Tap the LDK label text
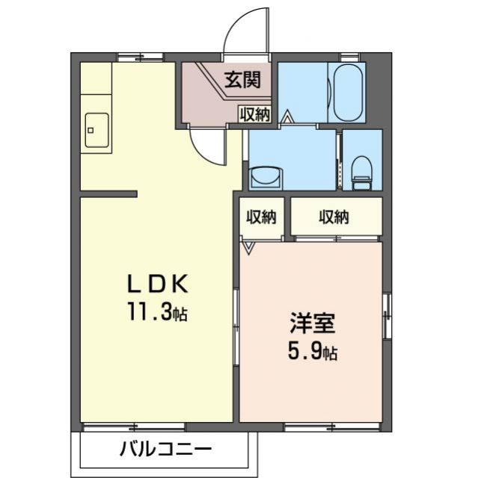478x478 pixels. [x=160, y=285]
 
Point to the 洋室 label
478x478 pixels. [x=313, y=326]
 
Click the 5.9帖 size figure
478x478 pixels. [x=312, y=351]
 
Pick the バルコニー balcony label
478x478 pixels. [x=165, y=450]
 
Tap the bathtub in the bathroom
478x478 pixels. [x=348, y=93]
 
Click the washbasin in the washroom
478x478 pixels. [x=265, y=177]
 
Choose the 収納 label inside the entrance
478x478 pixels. [x=254, y=115]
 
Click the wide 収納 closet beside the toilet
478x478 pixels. [x=334, y=217]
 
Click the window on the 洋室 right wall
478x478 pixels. [x=387, y=314]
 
